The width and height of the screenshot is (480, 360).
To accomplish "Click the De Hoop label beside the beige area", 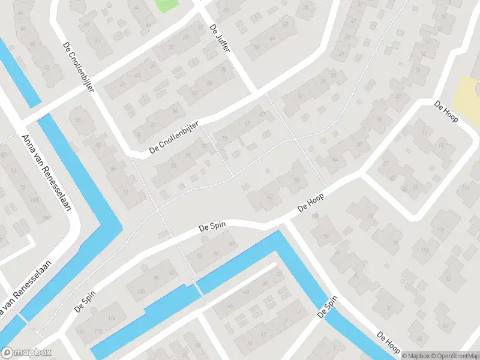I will click(446, 111).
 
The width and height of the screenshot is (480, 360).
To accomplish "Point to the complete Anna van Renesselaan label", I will click(46, 173).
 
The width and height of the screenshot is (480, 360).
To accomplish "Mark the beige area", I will click(467, 99).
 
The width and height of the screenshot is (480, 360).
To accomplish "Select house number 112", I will click(81, 332).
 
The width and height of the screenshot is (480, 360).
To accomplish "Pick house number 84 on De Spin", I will click(157, 277).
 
